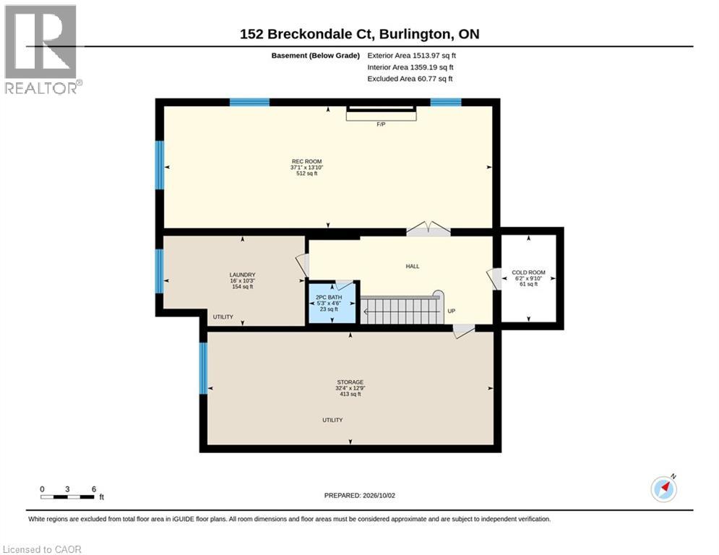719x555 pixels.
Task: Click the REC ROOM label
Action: [307, 161]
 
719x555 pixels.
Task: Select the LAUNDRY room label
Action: [243, 275]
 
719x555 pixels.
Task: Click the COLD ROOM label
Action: [529, 272]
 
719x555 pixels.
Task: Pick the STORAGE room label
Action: [350, 382]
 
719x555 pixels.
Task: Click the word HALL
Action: [413, 267]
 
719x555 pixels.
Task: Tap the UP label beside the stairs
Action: [451, 311]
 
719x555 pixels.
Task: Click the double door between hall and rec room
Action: [429, 229]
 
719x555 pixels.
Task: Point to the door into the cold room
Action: [494, 279]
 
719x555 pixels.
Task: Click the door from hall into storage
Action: [463, 331]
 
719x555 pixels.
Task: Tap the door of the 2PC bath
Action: [345, 285]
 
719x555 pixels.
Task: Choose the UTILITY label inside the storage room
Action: [332, 420]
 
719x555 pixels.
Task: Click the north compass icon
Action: [664, 489]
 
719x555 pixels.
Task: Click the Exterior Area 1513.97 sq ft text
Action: [412, 56]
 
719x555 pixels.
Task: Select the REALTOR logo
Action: [43, 50]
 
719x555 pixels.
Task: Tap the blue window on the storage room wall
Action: [204, 369]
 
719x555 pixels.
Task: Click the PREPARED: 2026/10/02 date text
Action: [360, 495]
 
